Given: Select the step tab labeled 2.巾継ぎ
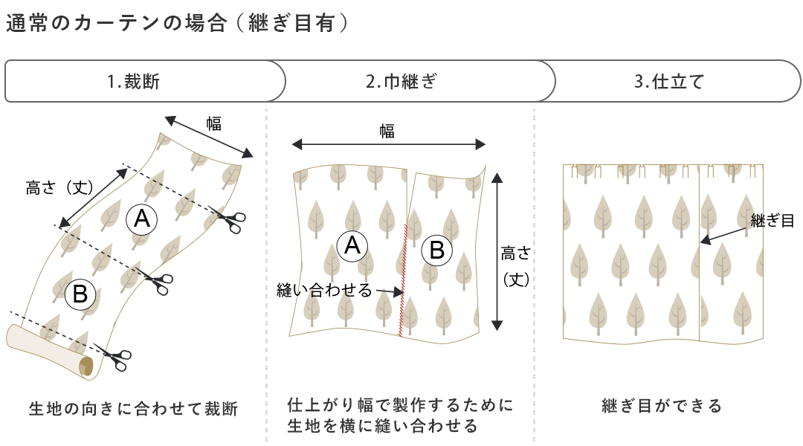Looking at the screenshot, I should pyautogui.click(x=401, y=81).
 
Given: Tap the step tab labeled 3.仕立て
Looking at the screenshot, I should pyautogui.click(x=668, y=81).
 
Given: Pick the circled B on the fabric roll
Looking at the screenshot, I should pyautogui.click(x=80, y=295).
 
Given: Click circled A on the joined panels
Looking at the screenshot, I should pyautogui.click(x=352, y=245).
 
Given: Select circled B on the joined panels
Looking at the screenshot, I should pyautogui.click(x=437, y=251).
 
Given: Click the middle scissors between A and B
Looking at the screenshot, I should pyautogui.click(x=158, y=283).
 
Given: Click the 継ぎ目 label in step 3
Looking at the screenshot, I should pyautogui.click(x=772, y=220).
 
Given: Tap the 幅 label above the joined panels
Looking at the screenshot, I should pyautogui.click(x=387, y=132).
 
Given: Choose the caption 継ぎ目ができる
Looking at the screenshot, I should pyautogui.click(x=662, y=406).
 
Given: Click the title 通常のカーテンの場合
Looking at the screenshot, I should pyautogui.click(x=115, y=24).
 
